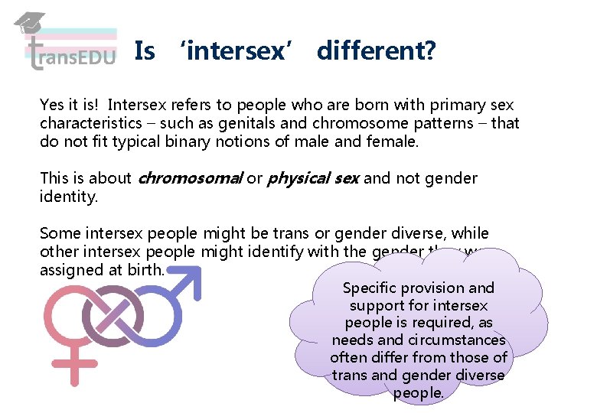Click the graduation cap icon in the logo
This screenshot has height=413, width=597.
coord(29,24)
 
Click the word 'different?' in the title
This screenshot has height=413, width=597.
coord(376,51)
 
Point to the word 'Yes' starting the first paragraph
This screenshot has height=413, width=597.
coord(52,105)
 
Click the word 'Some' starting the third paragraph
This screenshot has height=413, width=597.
coord(58,233)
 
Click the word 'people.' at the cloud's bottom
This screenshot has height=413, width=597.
coord(419,393)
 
